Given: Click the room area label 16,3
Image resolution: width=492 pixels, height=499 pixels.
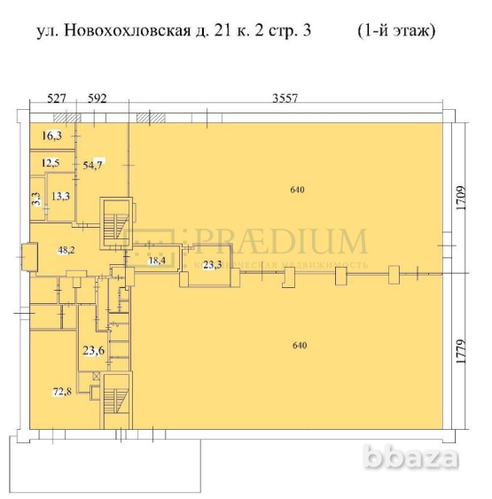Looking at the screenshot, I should pyautogui.click(x=52, y=136).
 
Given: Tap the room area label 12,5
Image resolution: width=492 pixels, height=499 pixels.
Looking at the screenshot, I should pyautogui.click(x=51, y=163).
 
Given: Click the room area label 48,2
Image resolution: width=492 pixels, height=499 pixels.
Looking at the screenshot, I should pyautogui.click(x=65, y=250).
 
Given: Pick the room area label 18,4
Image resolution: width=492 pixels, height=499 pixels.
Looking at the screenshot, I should pyautogui.click(x=157, y=261).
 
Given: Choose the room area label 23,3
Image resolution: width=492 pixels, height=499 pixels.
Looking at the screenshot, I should pyautogui.click(x=212, y=265).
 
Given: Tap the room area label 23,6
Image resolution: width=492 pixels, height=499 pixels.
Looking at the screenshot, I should pyautogui.click(x=94, y=350).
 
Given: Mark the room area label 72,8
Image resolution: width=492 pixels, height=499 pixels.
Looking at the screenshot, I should pyautogui.click(x=61, y=391).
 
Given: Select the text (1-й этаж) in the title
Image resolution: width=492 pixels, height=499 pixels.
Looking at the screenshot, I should pyautogui.click(x=396, y=32).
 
